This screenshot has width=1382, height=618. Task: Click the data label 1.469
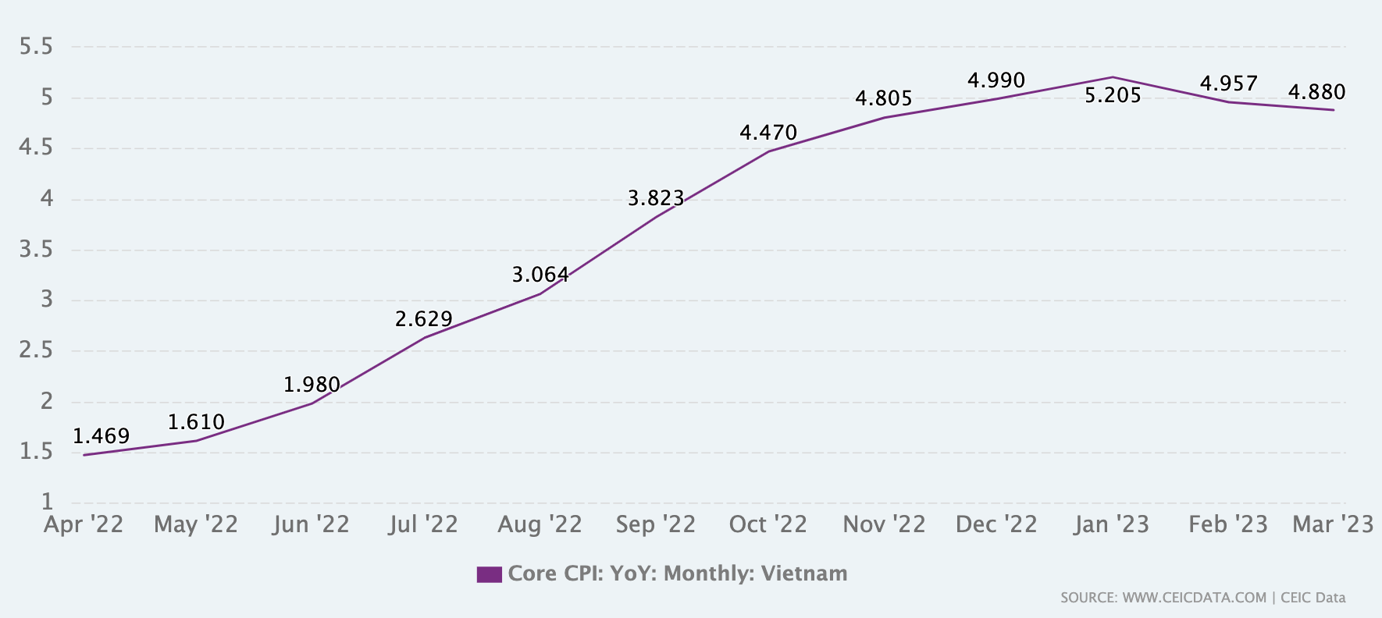click(101, 436)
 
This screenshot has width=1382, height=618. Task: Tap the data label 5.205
click(1113, 96)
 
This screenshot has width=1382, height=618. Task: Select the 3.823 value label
click(656, 199)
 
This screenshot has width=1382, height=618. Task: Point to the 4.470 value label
click(768, 133)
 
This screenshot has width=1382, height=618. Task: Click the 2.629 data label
click(423, 319)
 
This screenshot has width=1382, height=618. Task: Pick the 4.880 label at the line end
click(1316, 93)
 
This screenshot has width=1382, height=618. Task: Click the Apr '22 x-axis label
click(84, 524)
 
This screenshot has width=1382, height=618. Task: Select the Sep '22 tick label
click(655, 524)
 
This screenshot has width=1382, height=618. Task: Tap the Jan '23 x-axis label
click(1111, 524)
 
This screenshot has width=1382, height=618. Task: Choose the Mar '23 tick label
click(1332, 524)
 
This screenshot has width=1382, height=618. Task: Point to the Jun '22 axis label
click(311, 524)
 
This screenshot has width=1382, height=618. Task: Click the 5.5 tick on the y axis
click(36, 48)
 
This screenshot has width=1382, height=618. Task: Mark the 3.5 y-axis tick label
click(36, 250)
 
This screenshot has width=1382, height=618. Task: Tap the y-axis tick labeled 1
click(47, 502)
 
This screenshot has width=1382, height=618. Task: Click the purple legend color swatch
click(489, 574)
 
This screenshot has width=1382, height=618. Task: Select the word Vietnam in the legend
click(803, 574)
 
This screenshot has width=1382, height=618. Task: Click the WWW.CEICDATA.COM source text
click(1194, 598)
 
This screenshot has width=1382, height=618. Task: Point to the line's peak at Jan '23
click(1112, 77)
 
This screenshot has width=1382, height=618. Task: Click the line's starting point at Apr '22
click(84, 455)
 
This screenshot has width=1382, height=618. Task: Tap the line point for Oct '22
click(768, 151)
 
